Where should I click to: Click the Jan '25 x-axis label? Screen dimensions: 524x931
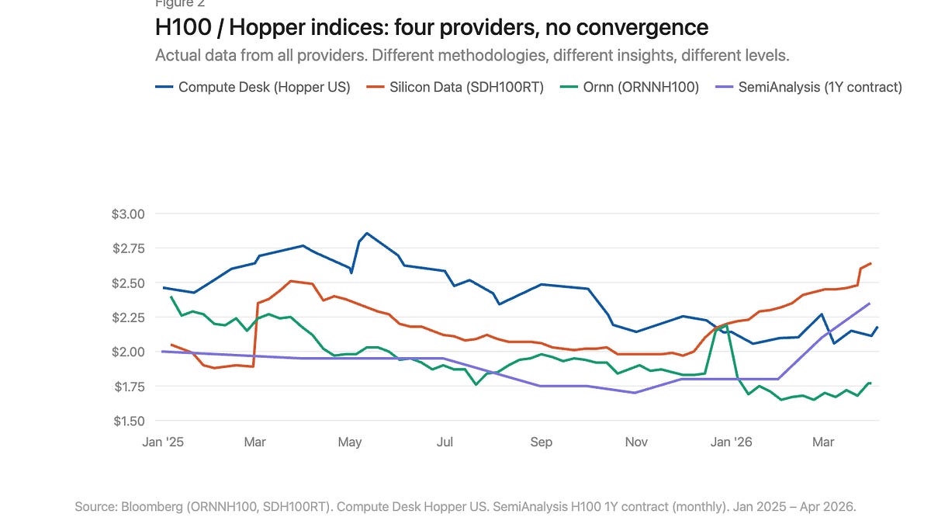point(164,442)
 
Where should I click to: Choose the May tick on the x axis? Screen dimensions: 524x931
point(350,442)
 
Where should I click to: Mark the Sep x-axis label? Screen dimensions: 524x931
point(541,442)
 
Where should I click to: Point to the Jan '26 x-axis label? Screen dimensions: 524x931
point(732,442)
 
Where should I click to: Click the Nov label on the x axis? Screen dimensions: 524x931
point(636,442)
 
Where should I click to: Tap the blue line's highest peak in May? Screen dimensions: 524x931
point(366,233)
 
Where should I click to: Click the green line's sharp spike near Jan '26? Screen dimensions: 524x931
point(726,326)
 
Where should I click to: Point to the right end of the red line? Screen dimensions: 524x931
point(870,264)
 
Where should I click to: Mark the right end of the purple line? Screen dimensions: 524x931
point(869,304)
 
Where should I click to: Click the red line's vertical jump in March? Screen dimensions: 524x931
point(255,334)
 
